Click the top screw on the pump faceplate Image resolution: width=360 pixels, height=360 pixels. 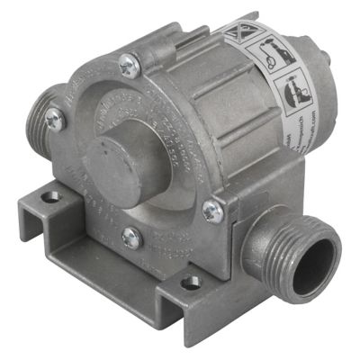(x=130, y=65)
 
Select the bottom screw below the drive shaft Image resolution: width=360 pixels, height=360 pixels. (x=130, y=238)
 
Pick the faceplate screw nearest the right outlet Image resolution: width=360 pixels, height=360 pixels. (x=212, y=211)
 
